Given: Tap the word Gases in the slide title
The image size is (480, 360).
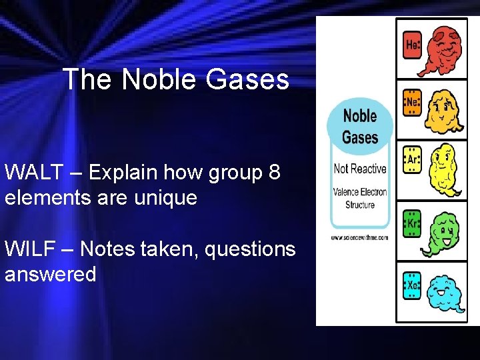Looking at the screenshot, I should pyautogui.click(x=248, y=80).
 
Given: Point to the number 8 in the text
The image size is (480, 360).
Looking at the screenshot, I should pyautogui.click(x=274, y=172).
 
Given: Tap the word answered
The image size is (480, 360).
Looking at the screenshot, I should pyautogui.click(x=51, y=274).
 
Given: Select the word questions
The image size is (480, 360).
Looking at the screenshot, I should pyautogui.click(x=250, y=249).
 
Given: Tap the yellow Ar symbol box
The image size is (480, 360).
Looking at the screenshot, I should pyautogui.click(x=413, y=160).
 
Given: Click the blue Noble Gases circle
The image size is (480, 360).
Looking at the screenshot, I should pyautogui.click(x=359, y=126).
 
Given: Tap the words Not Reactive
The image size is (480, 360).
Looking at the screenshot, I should pyautogui.click(x=360, y=168).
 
